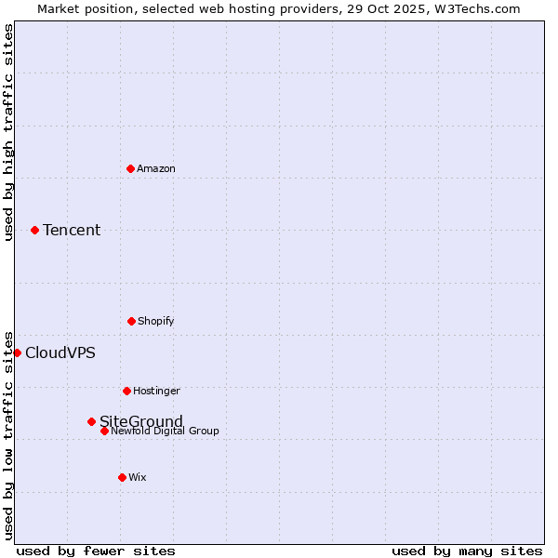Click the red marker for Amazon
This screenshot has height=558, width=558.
(x=130, y=168)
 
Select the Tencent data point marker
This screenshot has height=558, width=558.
(x=34, y=230)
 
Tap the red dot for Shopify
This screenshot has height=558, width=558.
(x=131, y=321)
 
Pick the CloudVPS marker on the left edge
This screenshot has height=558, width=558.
(x=17, y=352)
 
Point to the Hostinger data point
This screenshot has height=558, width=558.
(x=126, y=391)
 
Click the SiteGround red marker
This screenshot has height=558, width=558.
(x=91, y=421)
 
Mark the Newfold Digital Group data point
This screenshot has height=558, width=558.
(x=104, y=431)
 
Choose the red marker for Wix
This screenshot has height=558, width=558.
(x=122, y=477)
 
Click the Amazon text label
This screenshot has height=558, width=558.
(x=156, y=168)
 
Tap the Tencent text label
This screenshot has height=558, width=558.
(x=72, y=230)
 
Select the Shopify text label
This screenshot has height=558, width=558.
(x=156, y=321)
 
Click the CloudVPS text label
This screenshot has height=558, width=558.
(x=60, y=352)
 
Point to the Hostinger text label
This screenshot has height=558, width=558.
(x=156, y=391)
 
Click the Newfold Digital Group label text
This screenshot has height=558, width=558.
(x=166, y=431)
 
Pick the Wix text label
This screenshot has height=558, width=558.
(x=138, y=477)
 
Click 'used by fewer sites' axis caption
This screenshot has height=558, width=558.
(x=96, y=551)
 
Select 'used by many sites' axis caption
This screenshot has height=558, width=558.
(x=467, y=551)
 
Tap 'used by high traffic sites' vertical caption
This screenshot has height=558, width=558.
(x=8, y=132)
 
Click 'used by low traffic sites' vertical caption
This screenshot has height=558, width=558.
(x=8, y=434)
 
